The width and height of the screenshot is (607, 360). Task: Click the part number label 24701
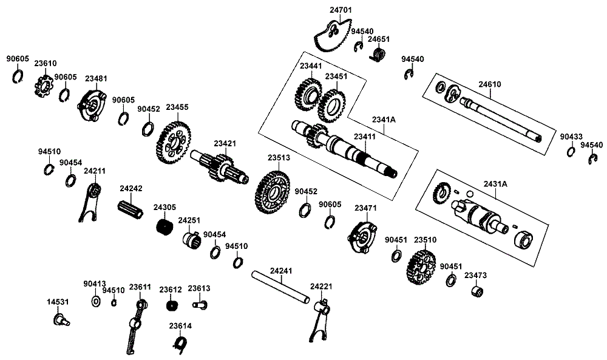click(341, 10)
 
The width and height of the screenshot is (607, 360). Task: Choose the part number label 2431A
click(495, 183)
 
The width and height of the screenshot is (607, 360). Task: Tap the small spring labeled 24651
click(379, 56)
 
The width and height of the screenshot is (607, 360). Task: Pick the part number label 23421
click(225, 144)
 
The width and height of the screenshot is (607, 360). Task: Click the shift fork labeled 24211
click(90, 200)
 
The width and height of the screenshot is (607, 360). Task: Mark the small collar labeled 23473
click(478, 291)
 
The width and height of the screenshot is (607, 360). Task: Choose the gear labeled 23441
click(308, 93)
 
